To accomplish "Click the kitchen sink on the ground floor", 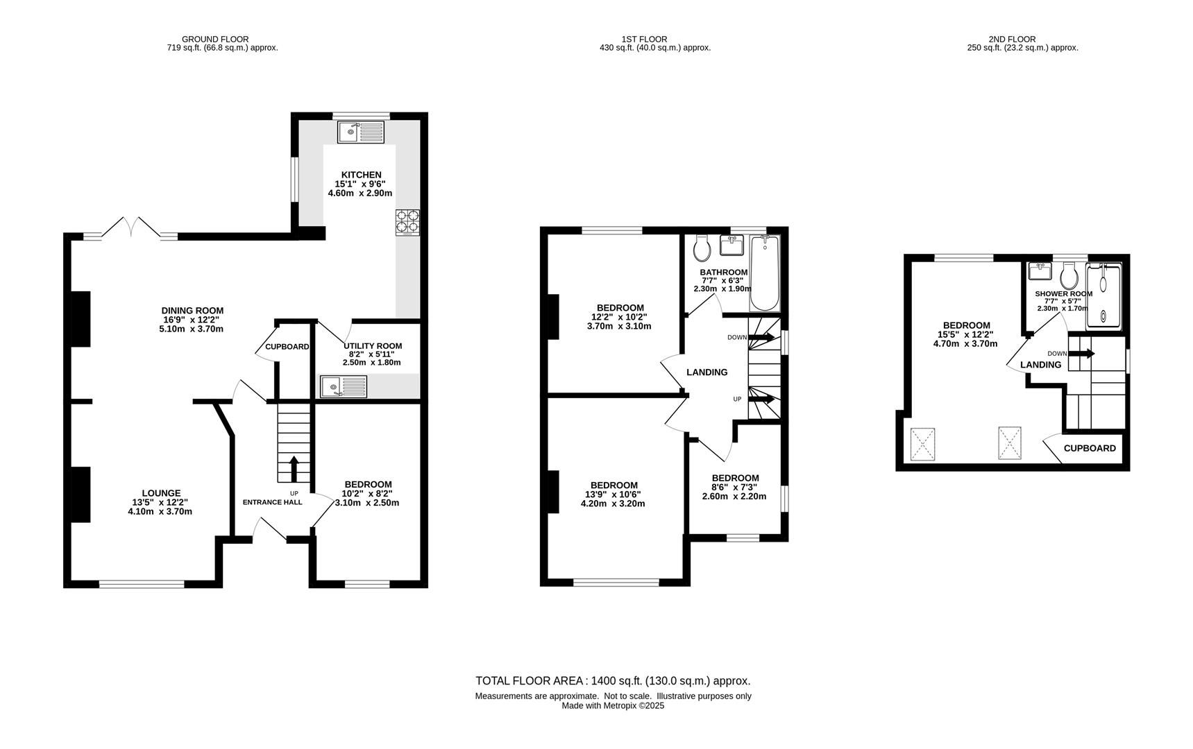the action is [x=361, y=132].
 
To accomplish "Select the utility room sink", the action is [x=344, y=387].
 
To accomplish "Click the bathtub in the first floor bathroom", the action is [x=765, y=273].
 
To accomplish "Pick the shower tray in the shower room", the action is [x=1103, y=295].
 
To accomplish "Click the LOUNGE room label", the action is [x=162, y=493].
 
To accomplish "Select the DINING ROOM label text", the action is [x=192, y=311].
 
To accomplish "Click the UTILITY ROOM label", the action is [x=373, y=346].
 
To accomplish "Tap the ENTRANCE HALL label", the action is [x=272, y=502].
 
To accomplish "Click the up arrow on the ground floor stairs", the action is [x=294, y=468].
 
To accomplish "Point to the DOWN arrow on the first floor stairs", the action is [x=761, y=337].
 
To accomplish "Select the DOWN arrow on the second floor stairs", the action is [x=1081, y=354].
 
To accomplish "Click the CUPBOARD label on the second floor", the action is [x=1090, y=448].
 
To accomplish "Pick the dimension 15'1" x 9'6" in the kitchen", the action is [x=360, y=184].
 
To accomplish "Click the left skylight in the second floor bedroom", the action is [x=923, y=444].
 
